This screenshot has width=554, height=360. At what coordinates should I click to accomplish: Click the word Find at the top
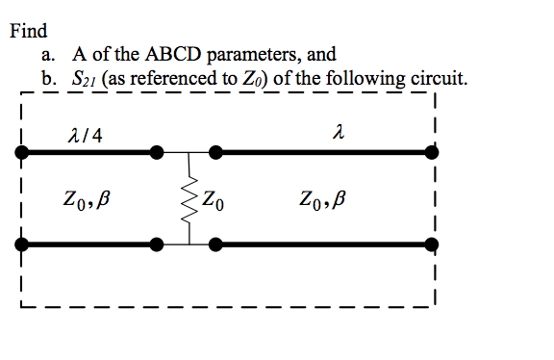(x=29, y=31)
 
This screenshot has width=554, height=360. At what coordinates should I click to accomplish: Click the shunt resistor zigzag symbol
(x=189, y=199)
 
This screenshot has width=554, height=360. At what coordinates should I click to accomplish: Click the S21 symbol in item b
(x=87, y=78)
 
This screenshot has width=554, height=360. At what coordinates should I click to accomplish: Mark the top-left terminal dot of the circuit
(x=20, y=152)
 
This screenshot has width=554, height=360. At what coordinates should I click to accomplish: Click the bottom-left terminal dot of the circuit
(x=20, y=245)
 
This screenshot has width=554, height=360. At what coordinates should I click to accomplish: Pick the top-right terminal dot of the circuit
(x=430, y=152)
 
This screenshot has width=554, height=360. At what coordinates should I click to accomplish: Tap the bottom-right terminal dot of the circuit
(x=430, y=245)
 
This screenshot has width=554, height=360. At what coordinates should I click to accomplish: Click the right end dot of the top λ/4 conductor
(x=157, y=152)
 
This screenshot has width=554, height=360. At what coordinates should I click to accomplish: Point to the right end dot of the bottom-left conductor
(x=157, y=245)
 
